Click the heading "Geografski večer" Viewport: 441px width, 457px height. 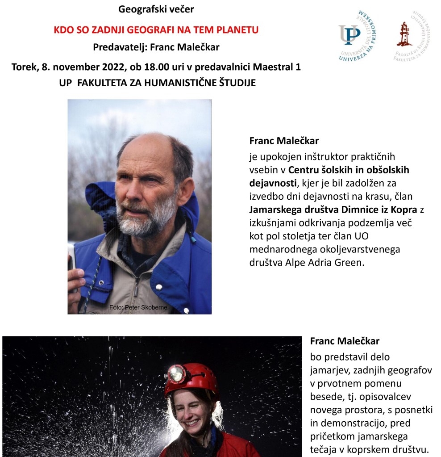pos(156,8)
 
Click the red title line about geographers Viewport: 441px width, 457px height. pos(156,30)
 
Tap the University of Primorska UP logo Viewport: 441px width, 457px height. pos(357,35)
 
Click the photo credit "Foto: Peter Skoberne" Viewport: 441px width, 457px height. pos(137,307)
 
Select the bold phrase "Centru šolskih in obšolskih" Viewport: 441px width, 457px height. pos(349,170)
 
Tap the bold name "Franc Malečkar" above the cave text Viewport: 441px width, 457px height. pos(345,341)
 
